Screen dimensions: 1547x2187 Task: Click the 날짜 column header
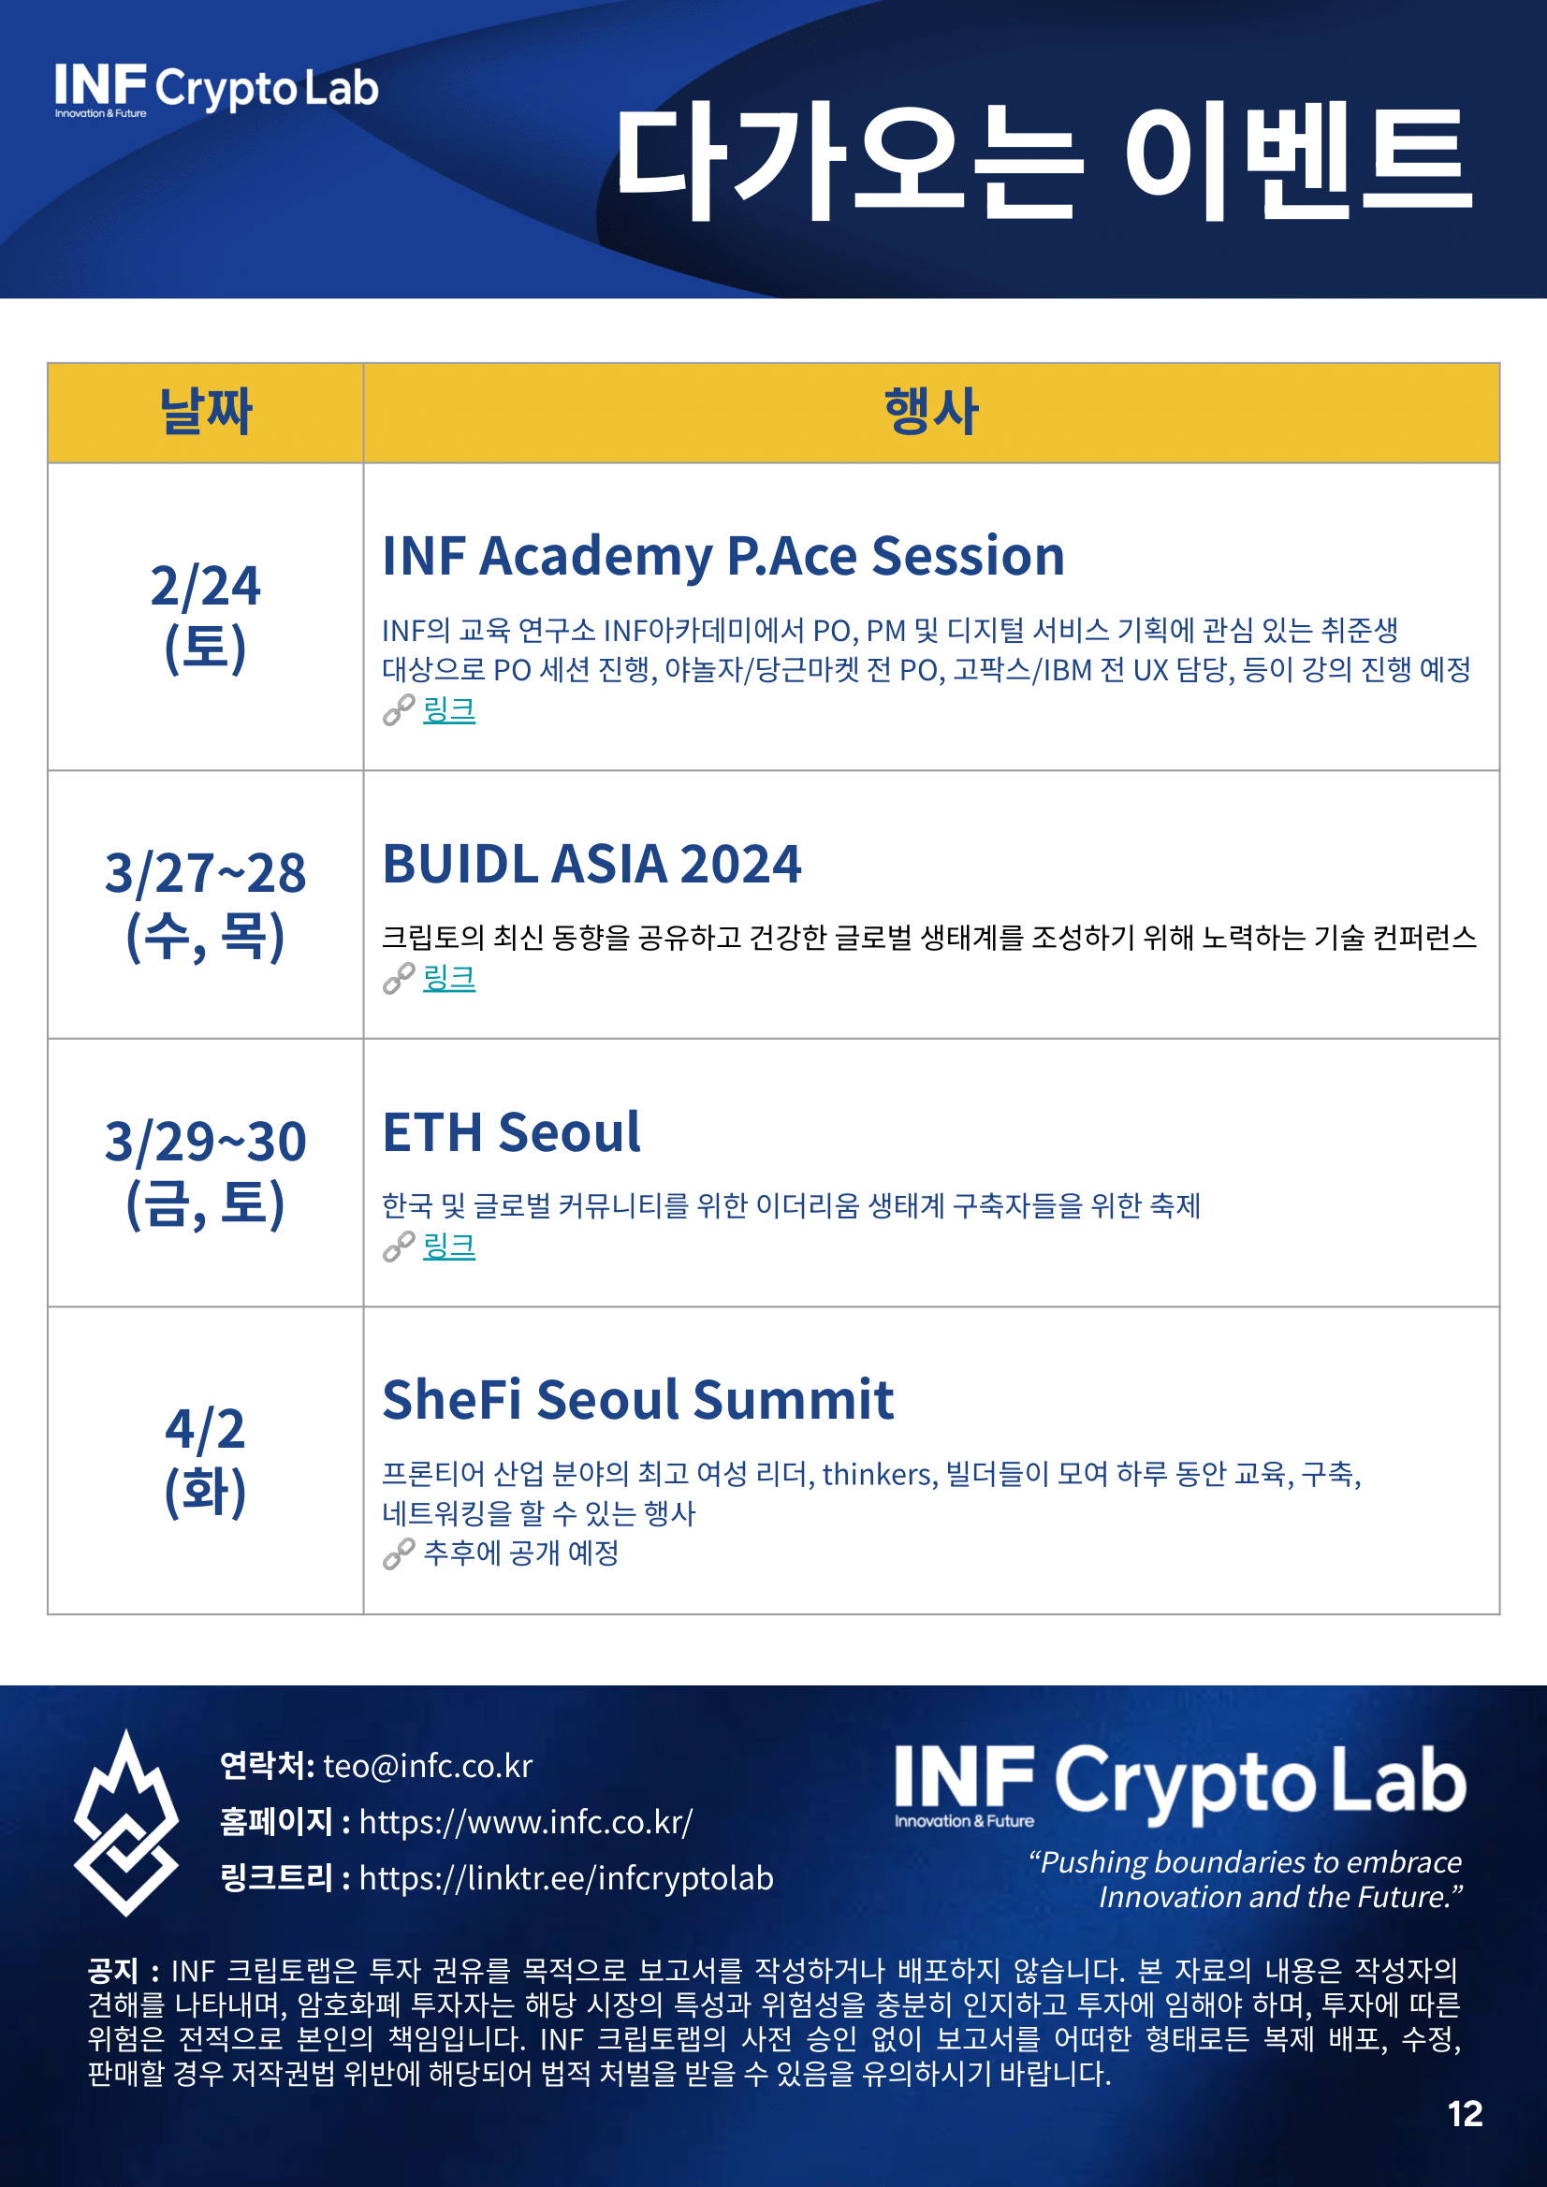(205, 413)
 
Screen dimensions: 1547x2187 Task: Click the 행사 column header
(930, 413)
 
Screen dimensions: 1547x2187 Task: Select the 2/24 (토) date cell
(205, 617)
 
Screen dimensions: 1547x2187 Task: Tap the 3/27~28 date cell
(205, 904)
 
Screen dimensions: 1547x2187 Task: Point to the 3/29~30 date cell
(205, 1172)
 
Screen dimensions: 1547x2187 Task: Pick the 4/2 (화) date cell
(205, 1459)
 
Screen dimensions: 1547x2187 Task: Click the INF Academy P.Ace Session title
(723, 556)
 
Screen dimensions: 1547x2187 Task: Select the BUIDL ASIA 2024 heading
(591, 864)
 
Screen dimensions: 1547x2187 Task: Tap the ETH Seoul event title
(512, 1132)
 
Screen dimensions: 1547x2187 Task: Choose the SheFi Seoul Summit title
(637, 1400)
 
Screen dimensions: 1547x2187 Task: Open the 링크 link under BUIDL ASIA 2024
(448, 978)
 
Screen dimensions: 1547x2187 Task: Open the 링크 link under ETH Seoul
(448, 1246)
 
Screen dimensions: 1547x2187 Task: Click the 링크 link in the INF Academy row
(448, 709)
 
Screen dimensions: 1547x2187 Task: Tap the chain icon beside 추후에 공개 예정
(398, 1553)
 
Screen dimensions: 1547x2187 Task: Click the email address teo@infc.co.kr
(428, 1766)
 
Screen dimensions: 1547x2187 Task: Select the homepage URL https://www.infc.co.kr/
(526, 1822)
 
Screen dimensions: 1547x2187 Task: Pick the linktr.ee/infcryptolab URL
(566, 1878)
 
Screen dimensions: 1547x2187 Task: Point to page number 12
(1465, 2114)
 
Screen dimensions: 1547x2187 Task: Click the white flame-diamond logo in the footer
(125, 1822)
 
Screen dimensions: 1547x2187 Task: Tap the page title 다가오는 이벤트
(1044, 162)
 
